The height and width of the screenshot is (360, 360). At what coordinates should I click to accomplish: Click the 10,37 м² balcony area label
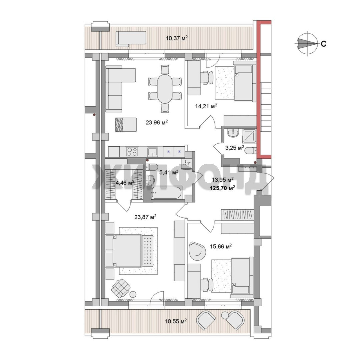pos(177,38)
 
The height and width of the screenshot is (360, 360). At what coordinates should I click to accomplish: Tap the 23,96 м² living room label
pos(157,122)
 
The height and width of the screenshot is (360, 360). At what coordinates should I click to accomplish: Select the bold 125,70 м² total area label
pos(222,188)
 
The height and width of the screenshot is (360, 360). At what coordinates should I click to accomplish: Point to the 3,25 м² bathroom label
pos(234,148)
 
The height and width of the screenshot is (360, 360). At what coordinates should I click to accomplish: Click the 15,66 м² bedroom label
pos(221,247)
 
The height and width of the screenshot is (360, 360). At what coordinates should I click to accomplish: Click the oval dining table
pos(165,88)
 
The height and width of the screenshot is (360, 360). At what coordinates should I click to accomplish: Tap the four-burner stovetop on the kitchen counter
pos(132,152)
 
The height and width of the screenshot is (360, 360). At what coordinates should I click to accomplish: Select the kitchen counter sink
pos(152,152)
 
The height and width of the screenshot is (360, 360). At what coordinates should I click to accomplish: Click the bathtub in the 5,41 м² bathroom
pos(167,192)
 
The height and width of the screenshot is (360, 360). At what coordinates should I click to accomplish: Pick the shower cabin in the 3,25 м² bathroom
pos(249,136)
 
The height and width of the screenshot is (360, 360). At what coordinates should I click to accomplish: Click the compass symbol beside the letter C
pos(307,43)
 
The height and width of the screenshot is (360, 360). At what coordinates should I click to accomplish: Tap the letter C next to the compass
pos(323,44)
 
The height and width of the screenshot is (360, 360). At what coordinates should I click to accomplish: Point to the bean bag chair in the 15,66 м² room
pos(197,251)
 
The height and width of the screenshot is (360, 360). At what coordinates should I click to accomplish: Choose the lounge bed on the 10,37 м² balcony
pos(131,39)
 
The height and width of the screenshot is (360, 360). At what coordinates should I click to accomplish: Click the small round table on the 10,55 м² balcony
pos(225,316)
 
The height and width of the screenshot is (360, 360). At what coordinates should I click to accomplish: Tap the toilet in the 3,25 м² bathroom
pos(250,151)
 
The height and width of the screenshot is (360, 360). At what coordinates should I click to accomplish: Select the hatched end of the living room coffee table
pos(119,125)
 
